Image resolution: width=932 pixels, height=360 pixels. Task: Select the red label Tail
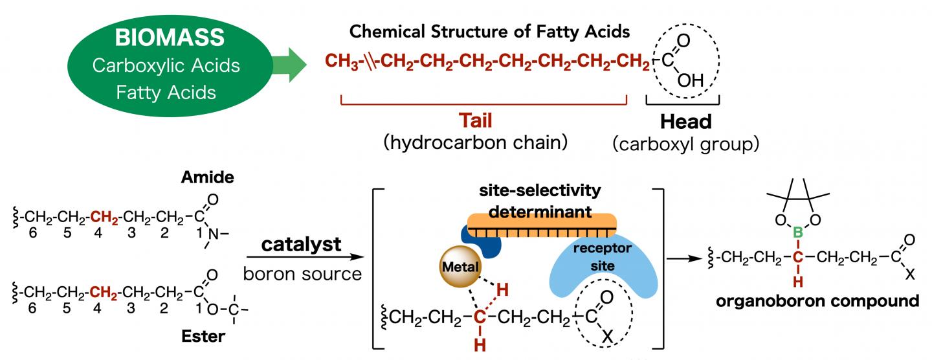click(x=482, y=122)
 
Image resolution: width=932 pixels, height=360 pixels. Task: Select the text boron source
click(x=302, y=273)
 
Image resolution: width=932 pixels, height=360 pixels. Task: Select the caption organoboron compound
click(x=818, y=300)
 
